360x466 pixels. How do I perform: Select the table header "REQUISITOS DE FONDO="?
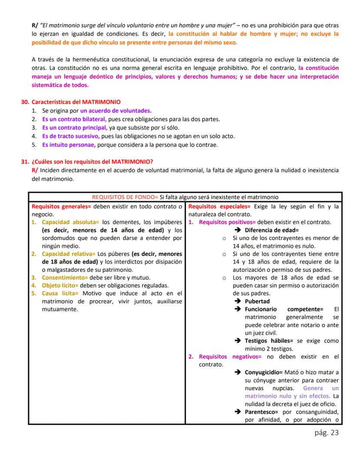125,197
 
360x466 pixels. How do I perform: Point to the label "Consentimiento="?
65,278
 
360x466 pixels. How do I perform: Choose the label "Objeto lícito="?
60,285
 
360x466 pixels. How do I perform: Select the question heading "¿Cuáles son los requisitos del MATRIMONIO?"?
92,161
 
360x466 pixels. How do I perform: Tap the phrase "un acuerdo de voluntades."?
116,111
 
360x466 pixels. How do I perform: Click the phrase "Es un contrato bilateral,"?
74,119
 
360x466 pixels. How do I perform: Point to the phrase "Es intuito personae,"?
69,144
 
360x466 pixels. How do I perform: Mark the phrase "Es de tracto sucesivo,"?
71,136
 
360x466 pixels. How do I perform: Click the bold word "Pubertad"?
257,301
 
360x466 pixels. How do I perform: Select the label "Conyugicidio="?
264,372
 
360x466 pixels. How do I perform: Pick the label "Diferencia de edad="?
272,230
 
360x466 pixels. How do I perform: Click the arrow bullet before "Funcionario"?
237,309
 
